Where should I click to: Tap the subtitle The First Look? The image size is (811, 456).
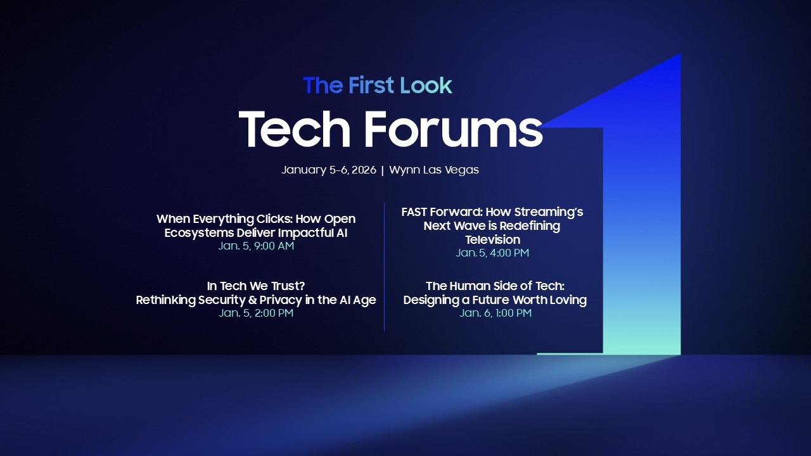[x=378, y=85]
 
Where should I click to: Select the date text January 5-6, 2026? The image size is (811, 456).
[x=329, y=170]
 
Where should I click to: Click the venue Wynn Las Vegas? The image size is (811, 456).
[x=434, y=170]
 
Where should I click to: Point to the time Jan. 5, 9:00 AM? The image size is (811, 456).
[x=256, y=246]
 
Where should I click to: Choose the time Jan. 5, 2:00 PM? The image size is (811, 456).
[x=256, y=313]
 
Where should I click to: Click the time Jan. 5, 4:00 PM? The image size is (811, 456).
[x=492, y=253]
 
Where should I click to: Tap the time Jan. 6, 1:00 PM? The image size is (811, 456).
[x=495, y=313]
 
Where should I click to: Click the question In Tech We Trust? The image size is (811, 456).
[x=256, y=286]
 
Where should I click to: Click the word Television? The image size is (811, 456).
[x=492, y=239]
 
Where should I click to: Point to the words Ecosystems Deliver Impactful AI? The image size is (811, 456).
[x=256, y=232]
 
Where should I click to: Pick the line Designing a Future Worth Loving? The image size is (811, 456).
[x=495, y=300]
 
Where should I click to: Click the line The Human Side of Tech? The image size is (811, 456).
[x=495, y=286]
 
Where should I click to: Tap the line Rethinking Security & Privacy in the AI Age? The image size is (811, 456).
[x=256, y=300]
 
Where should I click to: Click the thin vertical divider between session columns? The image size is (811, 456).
[x=384, y=266]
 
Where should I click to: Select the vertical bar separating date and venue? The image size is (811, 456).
[x=383, y=170]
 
